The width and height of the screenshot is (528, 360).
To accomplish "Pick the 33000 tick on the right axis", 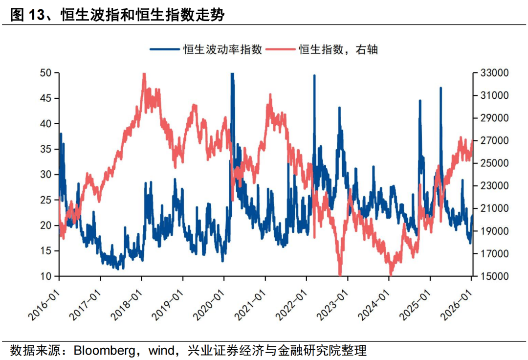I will click(495, 73).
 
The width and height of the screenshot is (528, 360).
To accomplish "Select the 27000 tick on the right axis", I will click(495, 141).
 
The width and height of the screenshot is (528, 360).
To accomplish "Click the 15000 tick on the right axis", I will click(495, 276).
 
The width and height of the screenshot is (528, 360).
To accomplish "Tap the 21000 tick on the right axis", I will click(495, 208).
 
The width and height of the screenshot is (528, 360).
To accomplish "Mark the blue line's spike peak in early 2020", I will click(232, 73).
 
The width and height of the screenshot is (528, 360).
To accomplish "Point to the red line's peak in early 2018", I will click(144, 74).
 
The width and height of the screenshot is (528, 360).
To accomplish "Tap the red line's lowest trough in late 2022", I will click(340, 275).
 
